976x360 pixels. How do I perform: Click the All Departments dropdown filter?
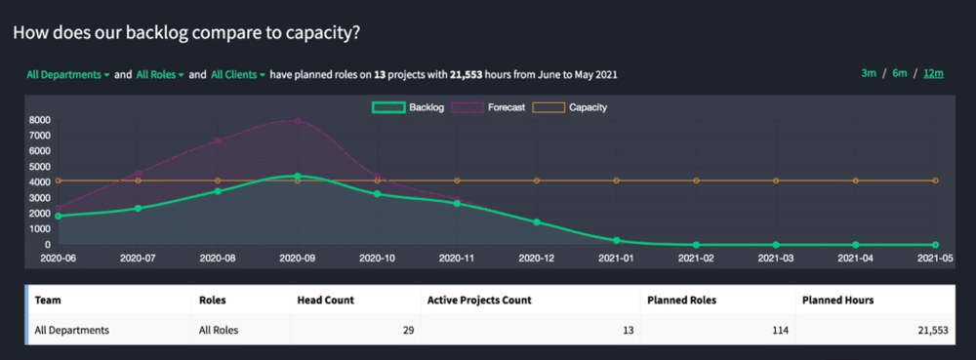coord(67,74)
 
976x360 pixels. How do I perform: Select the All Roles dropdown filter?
coord(160,74)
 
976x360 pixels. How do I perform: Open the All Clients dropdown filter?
coord(237,74)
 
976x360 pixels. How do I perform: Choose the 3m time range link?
coord(869,74)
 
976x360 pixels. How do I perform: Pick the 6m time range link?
coord(899,74)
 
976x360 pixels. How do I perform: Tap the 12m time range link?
coord(933,74)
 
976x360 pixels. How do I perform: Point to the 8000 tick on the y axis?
coord(40,120)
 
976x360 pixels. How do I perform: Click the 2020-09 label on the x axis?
coord(297,259)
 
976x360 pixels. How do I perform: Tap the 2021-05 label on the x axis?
coord(935,259)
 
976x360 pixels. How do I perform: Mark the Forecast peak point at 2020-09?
coord(297,121)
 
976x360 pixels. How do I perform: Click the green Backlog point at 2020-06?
coord(58,216)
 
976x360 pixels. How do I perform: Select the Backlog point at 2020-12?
coord(537,222)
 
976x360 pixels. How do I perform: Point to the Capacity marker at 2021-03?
coord(776,180)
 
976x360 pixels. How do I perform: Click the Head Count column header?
coord(325,300)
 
